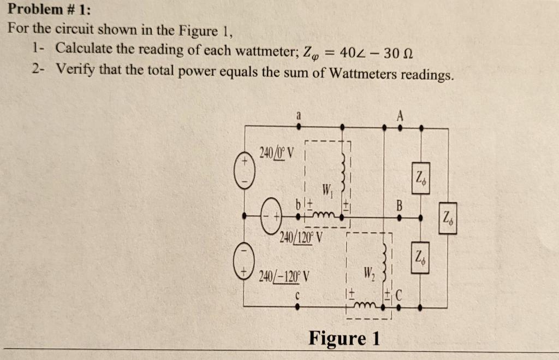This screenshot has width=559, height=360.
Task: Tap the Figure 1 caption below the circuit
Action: click(344, 338)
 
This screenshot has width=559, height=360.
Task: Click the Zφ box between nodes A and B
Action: click(420, 176)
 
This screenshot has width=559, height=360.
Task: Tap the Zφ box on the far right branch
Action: click(448, 218)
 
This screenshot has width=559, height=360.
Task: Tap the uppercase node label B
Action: click(399, 205)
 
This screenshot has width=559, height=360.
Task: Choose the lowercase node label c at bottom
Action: click(298, 297)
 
